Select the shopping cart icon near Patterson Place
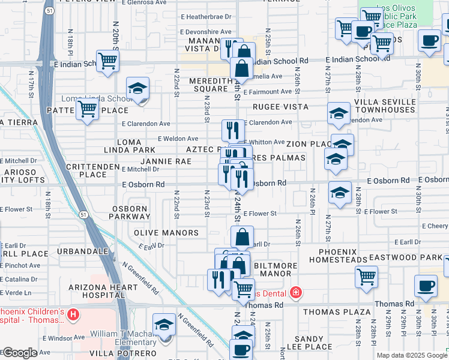click(88, 110)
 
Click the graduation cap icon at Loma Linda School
click(138, 89)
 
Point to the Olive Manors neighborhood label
click(166, 233)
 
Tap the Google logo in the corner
click(19, 353)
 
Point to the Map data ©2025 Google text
click(412, 355)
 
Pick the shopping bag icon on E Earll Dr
click(242, 238)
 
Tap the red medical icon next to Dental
click(295, 293)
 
